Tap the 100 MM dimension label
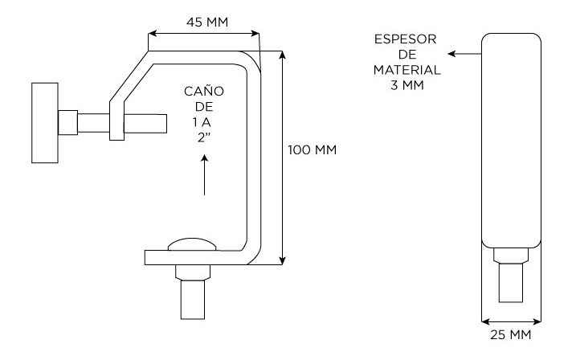313,149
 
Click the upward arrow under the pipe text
206,176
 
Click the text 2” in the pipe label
206,135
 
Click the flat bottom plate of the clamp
201,257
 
